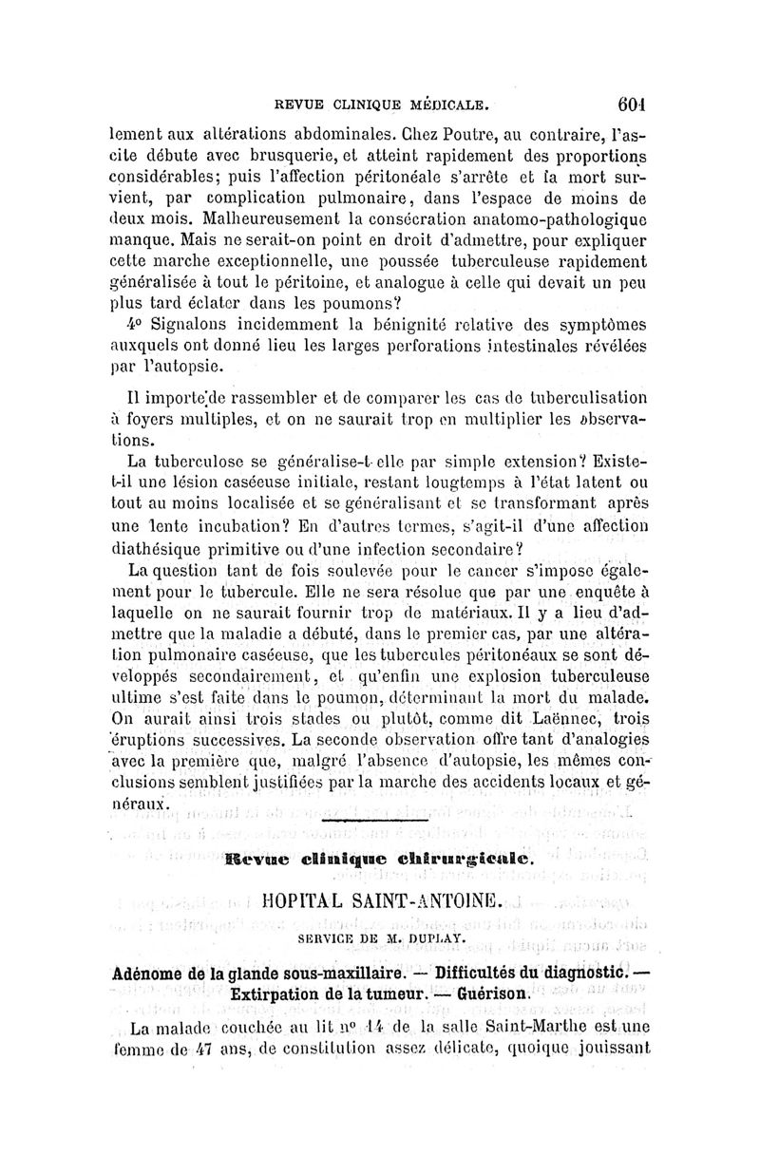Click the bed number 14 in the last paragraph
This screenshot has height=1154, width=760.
[x=405, y=1030]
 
